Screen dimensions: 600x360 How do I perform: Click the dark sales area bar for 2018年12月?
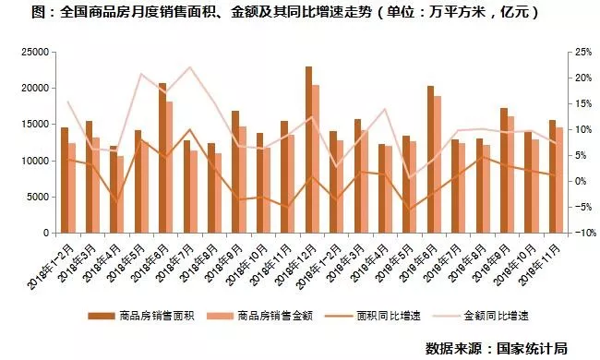(309, 150)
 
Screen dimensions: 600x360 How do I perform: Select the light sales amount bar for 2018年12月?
(316, 159)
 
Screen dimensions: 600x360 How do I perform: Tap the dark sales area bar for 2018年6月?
(162, 158)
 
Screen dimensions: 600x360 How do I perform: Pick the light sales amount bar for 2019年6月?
(438, 164)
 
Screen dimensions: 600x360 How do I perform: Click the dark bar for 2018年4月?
(114, 189)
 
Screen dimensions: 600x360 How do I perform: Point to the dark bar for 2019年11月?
(553, 176)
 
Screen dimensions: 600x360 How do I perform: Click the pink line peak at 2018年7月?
(190, 67)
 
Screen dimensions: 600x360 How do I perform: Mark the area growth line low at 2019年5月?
(410, 210)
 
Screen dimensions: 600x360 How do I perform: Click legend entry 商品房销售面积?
(141, 316)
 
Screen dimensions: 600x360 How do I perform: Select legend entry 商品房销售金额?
(259, 316)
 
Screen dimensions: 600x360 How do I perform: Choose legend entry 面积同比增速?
(373, 316)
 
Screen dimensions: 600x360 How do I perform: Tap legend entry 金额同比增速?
(481, 316)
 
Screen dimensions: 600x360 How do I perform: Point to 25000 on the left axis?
(35, 52)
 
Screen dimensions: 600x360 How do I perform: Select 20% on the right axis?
(583, 78)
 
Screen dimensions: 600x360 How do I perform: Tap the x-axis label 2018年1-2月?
(51, 267)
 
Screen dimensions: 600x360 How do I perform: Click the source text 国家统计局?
(533, 348)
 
